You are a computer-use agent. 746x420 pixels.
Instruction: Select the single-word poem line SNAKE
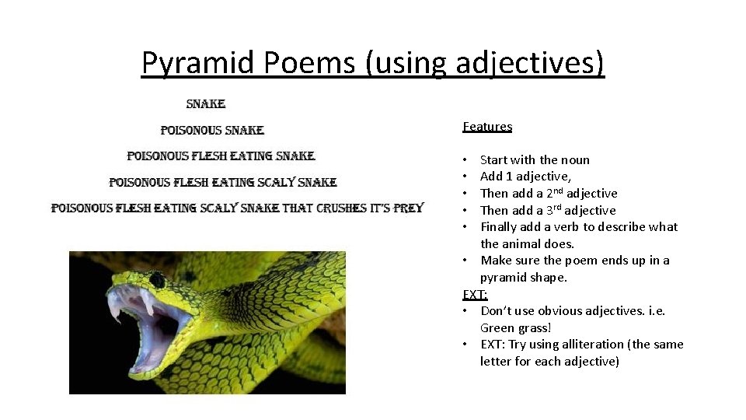tap(206, 103)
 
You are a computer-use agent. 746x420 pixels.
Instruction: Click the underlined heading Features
tap(487, 126)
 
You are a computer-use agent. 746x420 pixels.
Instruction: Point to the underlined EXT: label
tap(475, 294)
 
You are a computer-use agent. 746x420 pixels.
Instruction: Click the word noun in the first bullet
tap(575, 159)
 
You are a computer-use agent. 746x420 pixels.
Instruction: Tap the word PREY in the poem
tap(408, 208)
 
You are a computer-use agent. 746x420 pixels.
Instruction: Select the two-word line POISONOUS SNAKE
tap(212, 130)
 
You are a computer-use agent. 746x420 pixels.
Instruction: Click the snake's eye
tap(158, 278)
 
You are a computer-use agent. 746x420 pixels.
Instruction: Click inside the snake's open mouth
tap(159, 327)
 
